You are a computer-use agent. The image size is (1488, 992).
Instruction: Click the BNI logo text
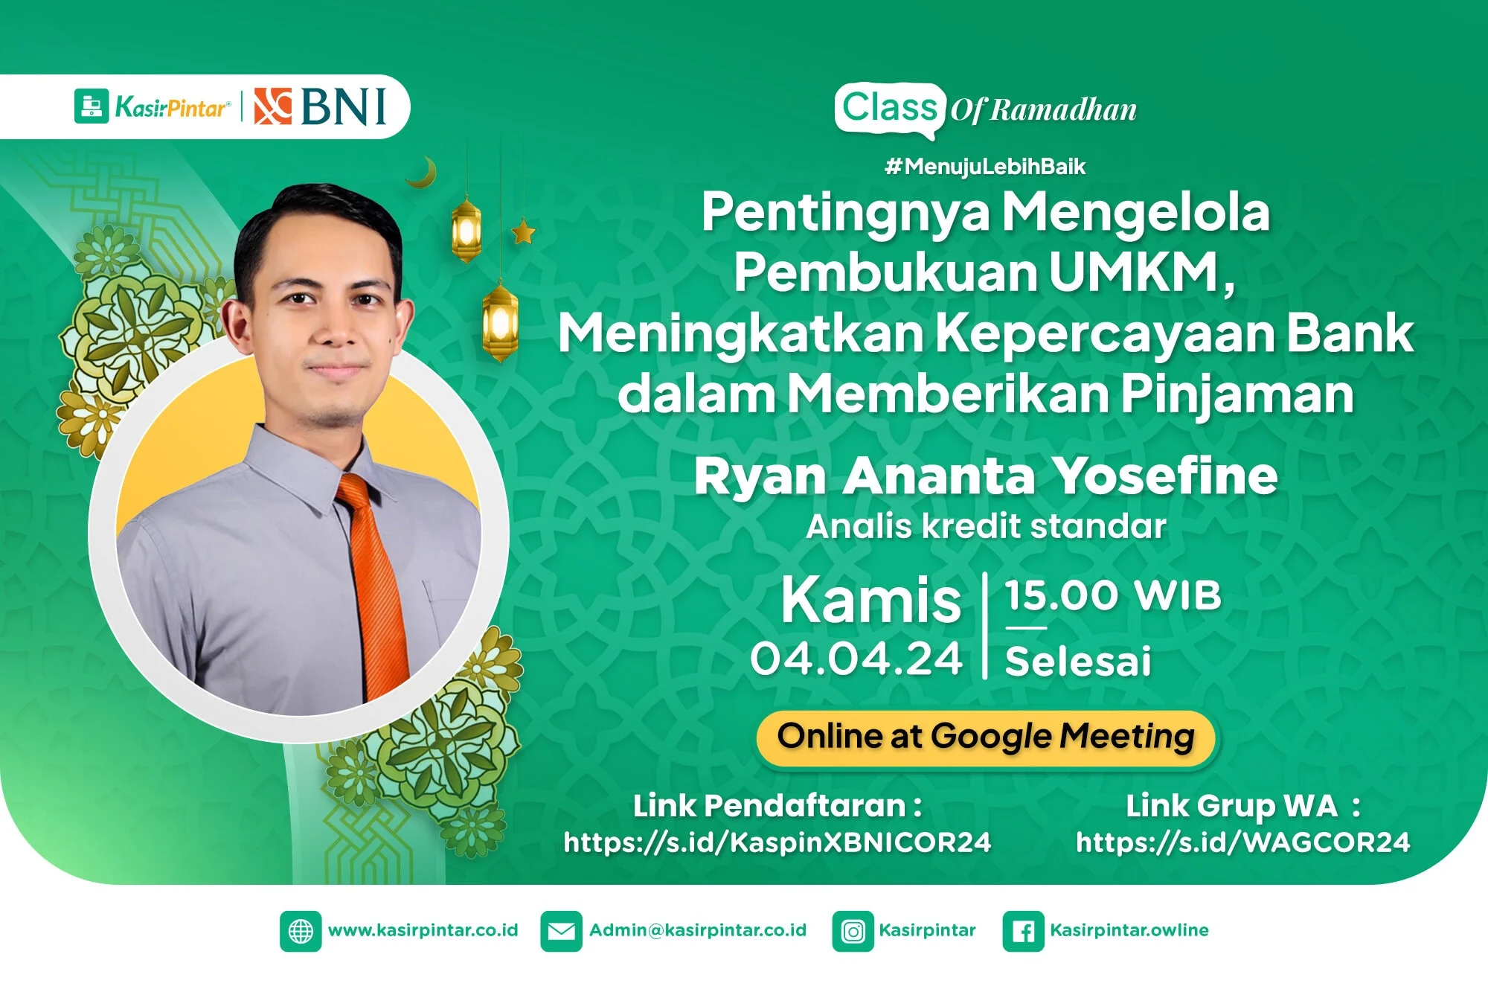pos(344,106)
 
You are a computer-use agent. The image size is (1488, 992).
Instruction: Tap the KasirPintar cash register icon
pos(92,106)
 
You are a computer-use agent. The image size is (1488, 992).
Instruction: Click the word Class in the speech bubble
pos(890,107)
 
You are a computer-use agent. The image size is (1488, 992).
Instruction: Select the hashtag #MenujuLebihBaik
pos(985,166)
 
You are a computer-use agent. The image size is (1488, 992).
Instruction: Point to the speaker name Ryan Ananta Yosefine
pos(986,476)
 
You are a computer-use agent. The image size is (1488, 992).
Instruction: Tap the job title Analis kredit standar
pos(986,527)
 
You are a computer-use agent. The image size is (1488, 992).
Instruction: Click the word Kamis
pos(870,600)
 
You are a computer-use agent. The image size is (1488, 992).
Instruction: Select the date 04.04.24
pos(856,659)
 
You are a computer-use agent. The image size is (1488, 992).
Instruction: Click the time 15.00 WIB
pos(1113,595)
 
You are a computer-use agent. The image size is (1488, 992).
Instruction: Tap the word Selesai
pos(1078,662)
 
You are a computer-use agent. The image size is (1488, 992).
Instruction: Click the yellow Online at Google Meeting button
pos(986,737)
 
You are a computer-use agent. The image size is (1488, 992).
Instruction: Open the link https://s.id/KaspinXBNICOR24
pos(777,842)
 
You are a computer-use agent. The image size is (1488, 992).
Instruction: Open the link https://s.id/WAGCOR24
pos(1242,842)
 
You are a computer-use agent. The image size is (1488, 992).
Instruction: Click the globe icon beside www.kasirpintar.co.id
pos(301,931)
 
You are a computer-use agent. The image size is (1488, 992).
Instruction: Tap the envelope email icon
pos(561,931)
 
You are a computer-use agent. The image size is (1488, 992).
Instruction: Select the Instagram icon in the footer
pos(853,931)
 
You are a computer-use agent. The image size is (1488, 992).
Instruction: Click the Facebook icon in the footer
pos(1023,931)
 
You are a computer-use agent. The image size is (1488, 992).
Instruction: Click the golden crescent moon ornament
pos(424,173)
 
